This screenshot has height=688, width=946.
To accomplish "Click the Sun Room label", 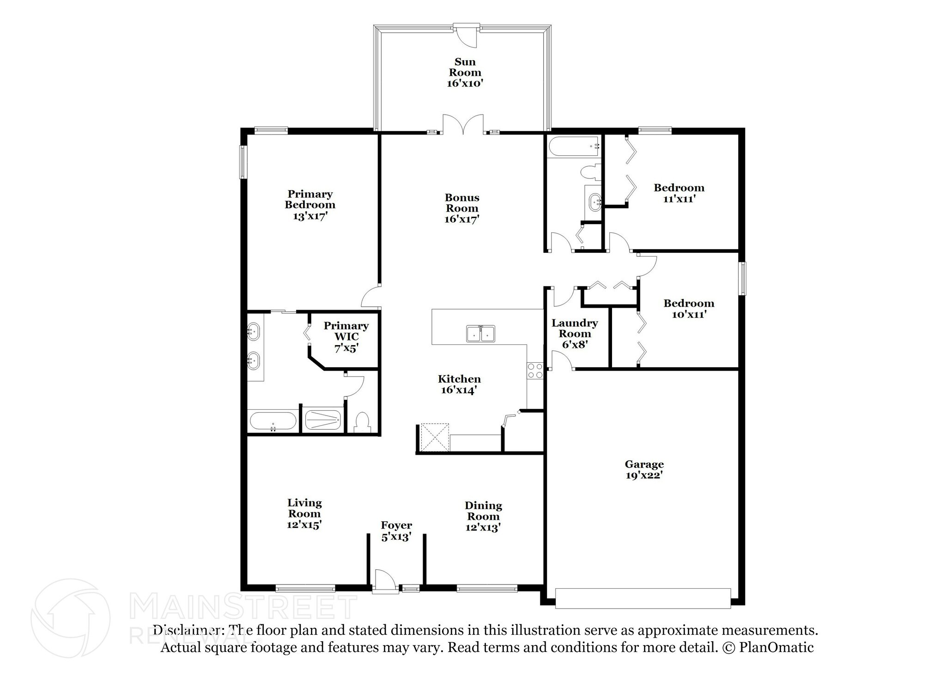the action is (465, 73).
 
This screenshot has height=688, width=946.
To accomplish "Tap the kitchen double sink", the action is (480, 334).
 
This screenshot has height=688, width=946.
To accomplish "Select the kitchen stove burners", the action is (535, 371).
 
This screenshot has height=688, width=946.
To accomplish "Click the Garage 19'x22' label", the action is (644, 469).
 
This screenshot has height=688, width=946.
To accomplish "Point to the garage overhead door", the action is (643, 598).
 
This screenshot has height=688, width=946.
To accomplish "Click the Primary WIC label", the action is (346, 337).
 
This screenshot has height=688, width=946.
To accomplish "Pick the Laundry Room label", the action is (575, 333).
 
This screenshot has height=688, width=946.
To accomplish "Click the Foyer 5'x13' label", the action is (396, 531).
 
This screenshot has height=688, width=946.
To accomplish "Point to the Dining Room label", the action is (483, 516).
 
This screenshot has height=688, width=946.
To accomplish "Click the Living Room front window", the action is (305, 588).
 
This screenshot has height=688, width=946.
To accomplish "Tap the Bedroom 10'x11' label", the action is (689, 309).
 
